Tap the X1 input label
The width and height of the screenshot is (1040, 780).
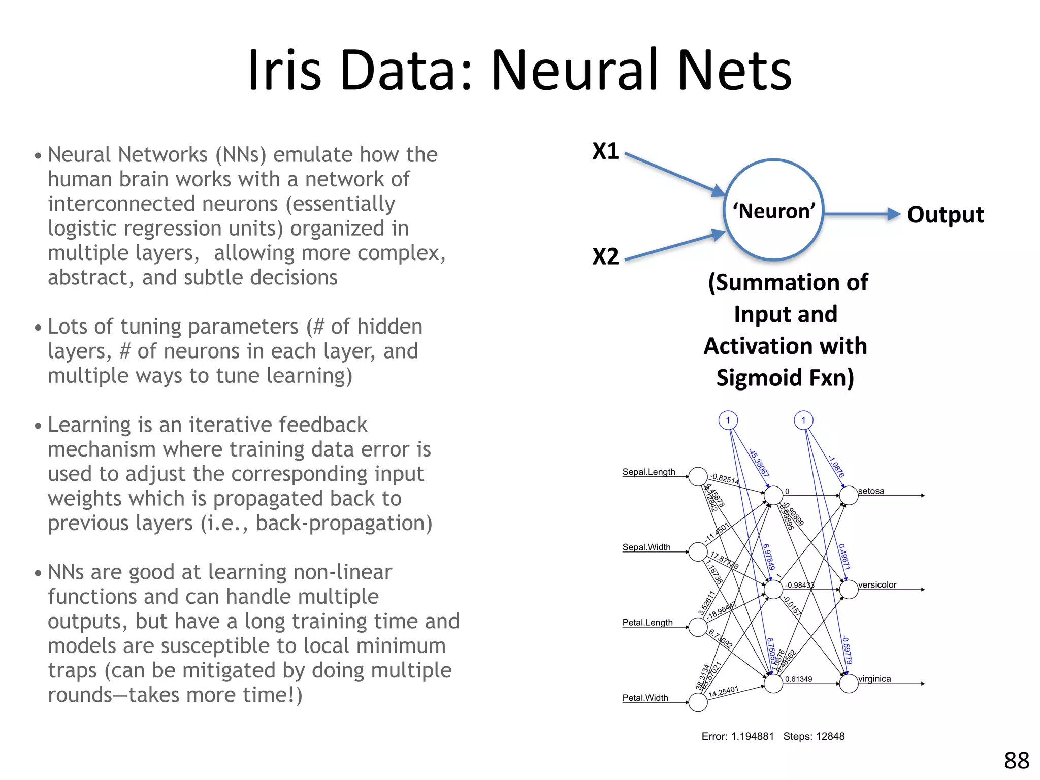coord(605,151)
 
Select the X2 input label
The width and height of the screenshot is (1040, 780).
coord(605,256)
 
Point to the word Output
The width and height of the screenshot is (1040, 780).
coord(945,214)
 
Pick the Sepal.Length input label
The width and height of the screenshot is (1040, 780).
coord(648,472)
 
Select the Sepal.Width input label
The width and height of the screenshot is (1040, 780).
coord(646,547)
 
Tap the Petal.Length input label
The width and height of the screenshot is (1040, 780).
coord(647,622)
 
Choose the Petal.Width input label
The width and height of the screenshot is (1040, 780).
coord(645,698)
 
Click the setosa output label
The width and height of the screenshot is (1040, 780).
coord(871,491)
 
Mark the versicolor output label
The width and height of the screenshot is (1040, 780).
coord(877,584)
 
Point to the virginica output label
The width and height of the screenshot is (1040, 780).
coord(874,679)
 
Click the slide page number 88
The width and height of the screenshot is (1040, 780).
coord(1016,761)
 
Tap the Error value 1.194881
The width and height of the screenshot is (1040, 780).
coord(752,736)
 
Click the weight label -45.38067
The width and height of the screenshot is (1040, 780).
coord(759,463)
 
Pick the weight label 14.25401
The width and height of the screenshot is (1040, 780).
coord(723,692)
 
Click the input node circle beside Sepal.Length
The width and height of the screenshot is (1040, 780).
coord(698,477)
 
